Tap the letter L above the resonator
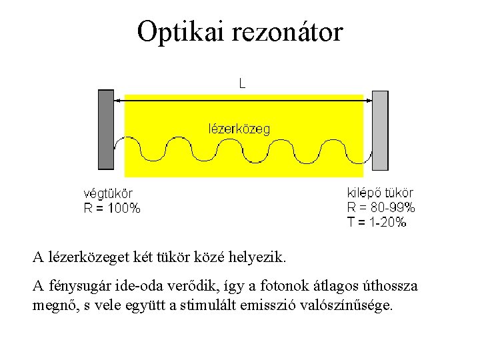[242, 83]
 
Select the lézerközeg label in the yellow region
[240, 129]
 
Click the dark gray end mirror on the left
[106, 129]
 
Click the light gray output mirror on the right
[379, 131]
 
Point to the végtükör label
[109, 194]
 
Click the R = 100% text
[111, 208]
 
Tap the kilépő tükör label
[380, 193]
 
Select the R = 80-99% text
[381, 207]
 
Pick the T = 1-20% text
[377, 223]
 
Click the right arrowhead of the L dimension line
[367, 99]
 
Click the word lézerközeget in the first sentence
[83, 256]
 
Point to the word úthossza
[388, 287]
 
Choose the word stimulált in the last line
[203, 306]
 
